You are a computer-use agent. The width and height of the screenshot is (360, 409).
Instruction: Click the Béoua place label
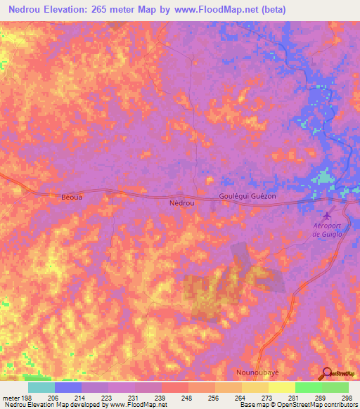(70, 198)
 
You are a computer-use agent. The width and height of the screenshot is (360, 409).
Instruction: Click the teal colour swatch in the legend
(41, 387)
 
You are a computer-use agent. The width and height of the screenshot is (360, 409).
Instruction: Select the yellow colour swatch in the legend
(281, 387)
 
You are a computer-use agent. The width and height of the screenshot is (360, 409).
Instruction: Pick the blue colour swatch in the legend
(67, 387)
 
